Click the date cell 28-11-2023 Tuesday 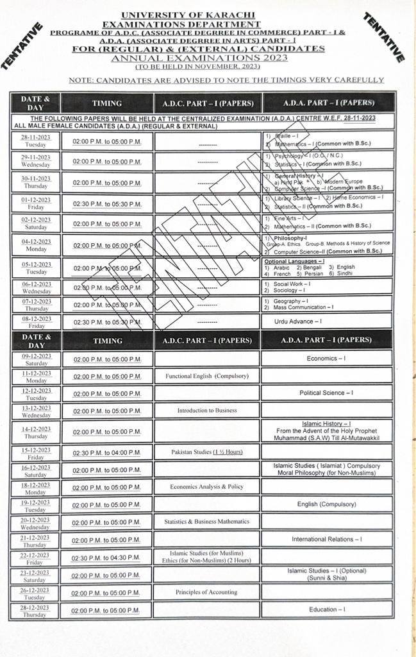click(x=35, y=141)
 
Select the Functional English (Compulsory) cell click(x=207, y=376)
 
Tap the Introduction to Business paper click(x=207, y=410)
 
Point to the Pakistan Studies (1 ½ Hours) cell click(x=207, y=452)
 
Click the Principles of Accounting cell click(x=206, y=592)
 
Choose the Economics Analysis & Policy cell click(x=206, y=486)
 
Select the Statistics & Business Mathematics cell click(x=206, y=522)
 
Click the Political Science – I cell click(x=326, y=393)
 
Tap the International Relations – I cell click(x=326, y=539)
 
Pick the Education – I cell click(x=326, y=610)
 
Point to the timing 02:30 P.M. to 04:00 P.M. click(x=106, y=452)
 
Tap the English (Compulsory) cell click(x=326, y=504)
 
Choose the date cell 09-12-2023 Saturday click(x=35, y=359)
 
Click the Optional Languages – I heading click(x=294, y=262)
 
